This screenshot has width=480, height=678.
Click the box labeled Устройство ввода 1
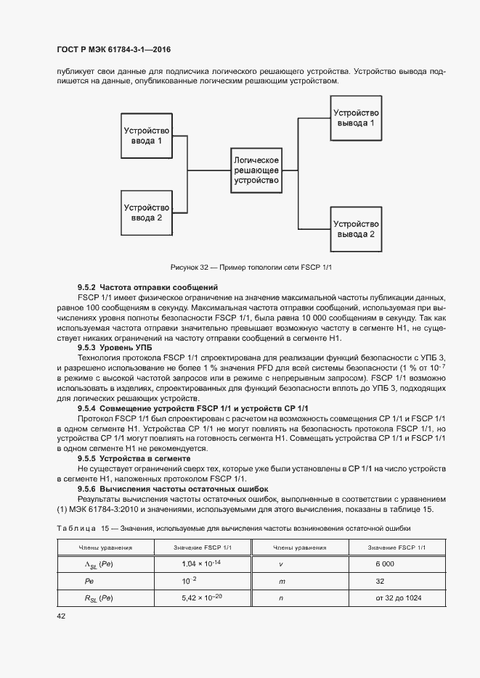pos(147,136)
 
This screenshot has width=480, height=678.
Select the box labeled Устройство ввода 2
pos(147,212)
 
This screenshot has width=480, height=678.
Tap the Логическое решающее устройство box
pos(256,170)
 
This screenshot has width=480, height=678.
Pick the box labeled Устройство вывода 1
pos(355,117)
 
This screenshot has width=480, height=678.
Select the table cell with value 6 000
pos(385,563)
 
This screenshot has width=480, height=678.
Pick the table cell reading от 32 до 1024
pos(399,598)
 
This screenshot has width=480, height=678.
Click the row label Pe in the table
pos(90,581)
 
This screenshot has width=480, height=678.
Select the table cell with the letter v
pos(280,563)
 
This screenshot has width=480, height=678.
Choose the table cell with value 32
pos(380,581)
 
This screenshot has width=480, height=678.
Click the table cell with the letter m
pos(280,581)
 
